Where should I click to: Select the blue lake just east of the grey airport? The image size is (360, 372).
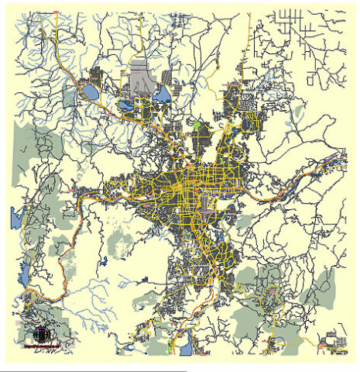163,95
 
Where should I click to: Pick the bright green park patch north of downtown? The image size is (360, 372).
196,124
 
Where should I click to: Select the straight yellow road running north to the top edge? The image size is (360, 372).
249,31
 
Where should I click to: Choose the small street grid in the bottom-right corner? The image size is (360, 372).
334,339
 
